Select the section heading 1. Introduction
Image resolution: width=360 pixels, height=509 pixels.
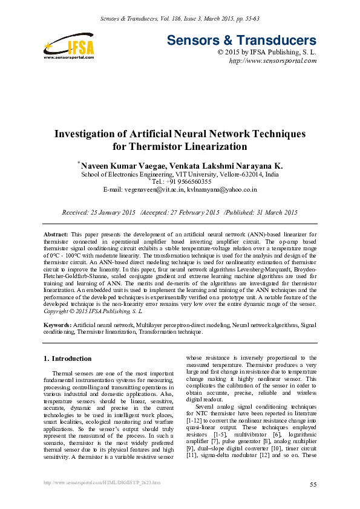68,358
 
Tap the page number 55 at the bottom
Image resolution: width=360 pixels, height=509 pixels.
313,485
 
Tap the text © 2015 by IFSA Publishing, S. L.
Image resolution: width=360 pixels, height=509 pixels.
266,53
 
